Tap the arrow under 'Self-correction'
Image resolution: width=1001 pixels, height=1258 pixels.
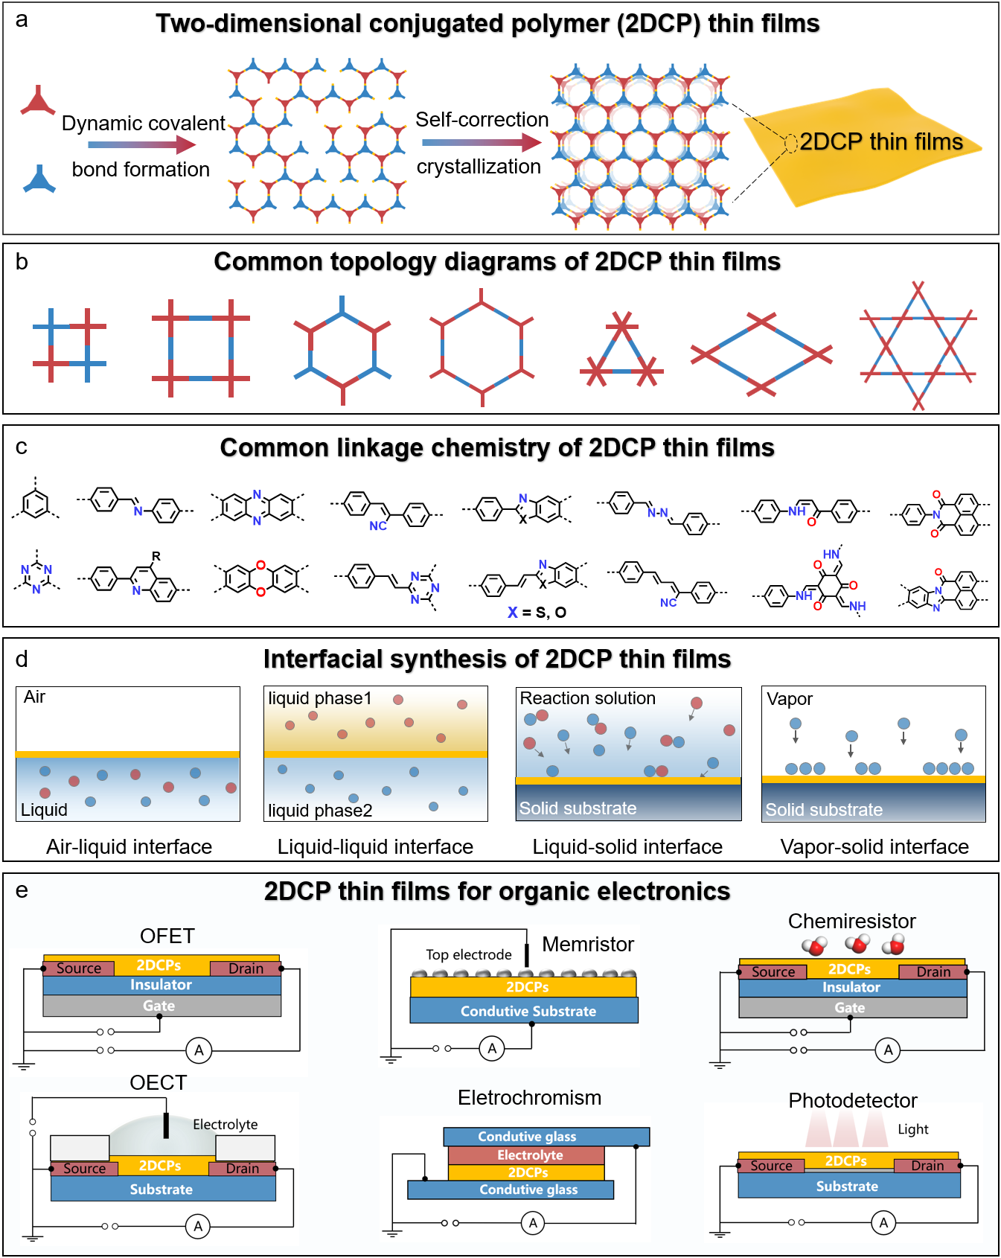[482, 142]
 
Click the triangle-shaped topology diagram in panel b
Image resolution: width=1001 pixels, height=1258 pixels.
[621, 350]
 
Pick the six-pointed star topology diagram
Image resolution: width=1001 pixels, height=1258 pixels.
[918, 345]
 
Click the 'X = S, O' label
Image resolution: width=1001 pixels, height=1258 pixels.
[537, 612]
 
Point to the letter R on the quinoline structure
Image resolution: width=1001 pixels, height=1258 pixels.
[156, 556]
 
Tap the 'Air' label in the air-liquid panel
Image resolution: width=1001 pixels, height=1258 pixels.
[35, 697]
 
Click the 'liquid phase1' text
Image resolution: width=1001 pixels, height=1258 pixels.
[319, 698]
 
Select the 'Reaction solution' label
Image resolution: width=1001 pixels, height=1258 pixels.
[587, 698]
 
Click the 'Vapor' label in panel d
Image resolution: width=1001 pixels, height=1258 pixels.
[790, 699]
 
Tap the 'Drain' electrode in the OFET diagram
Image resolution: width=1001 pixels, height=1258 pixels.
[246, 968]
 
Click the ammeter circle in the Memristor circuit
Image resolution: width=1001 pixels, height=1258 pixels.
[492, 1049]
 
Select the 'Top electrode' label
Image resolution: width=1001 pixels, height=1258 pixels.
[469, 954]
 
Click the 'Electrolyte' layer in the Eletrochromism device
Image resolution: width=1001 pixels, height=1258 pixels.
[530, 1155]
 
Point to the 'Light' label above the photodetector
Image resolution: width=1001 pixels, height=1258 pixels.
[912, 1129]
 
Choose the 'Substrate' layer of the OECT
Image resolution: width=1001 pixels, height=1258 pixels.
[161, 1190]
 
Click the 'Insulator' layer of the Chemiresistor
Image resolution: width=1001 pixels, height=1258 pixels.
[851, 988]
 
